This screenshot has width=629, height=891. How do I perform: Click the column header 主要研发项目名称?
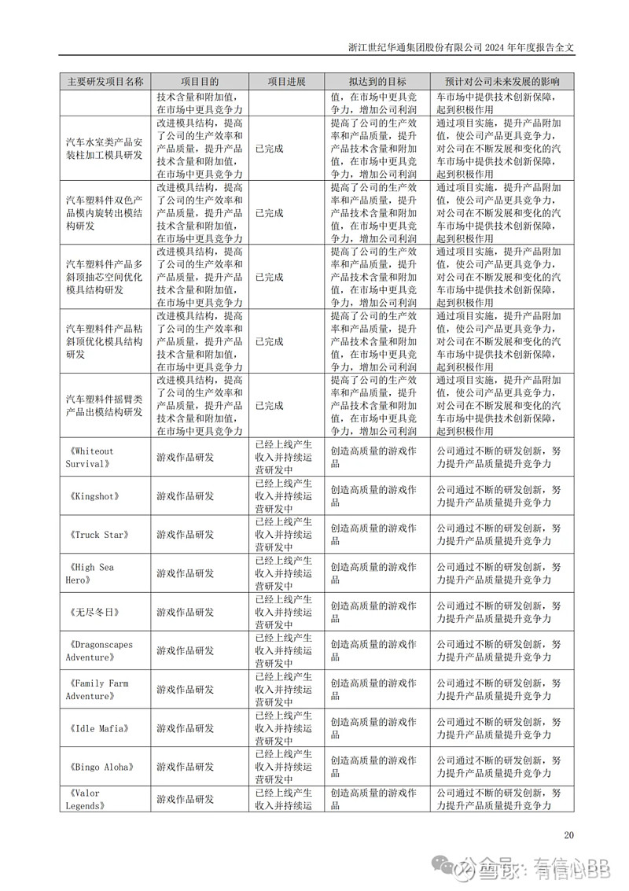pyautogui.click(x=105, y=81)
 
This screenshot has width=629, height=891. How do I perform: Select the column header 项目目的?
pyautogui.click(x=200, y=81)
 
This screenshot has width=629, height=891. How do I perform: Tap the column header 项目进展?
pyautogui.click(x=285, y=81)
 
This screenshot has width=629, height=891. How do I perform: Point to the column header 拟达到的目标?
pyautogui.click(x=377, y=81)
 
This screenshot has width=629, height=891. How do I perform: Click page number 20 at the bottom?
pyautogui.click(x=570, y=835)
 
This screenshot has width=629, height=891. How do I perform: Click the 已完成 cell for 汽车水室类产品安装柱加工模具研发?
pyautogui.click(x=269, y=149)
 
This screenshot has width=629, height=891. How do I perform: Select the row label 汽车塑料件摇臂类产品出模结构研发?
pyautogui.click(x=105, y=406)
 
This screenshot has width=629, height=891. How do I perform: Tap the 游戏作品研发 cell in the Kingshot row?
pyautogui.click(x=186, y=496)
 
